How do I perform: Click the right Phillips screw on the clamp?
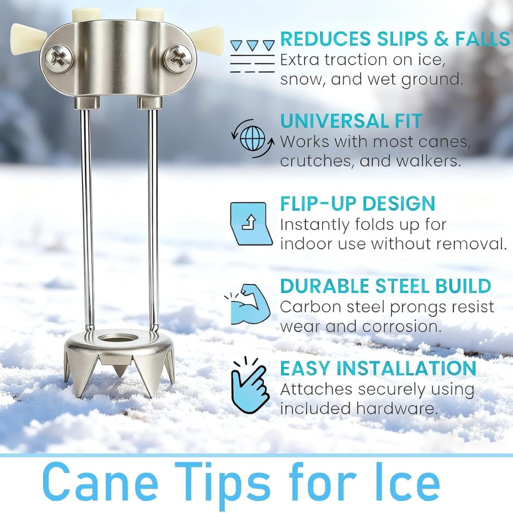[178, 58]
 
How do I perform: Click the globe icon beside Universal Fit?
[253, 138]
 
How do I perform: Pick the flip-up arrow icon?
[250, 223]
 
